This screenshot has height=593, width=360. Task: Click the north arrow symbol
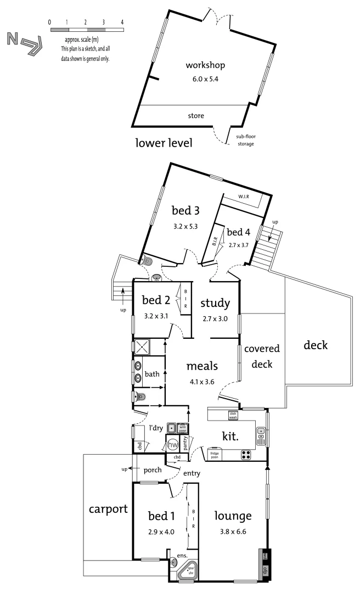[24, 43]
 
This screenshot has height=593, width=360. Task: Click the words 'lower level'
[164, 144]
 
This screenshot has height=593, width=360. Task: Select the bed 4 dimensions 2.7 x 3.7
[239, 245]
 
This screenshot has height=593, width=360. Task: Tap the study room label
[215, 303]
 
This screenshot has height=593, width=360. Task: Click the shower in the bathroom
[142, 346]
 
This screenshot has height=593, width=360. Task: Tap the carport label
[108, 509]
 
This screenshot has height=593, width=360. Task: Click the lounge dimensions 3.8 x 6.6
[233, 532]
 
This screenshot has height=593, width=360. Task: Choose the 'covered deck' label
[262, 356]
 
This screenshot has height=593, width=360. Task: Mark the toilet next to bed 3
[147, 261]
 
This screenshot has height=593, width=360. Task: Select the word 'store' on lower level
[196, 116]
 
